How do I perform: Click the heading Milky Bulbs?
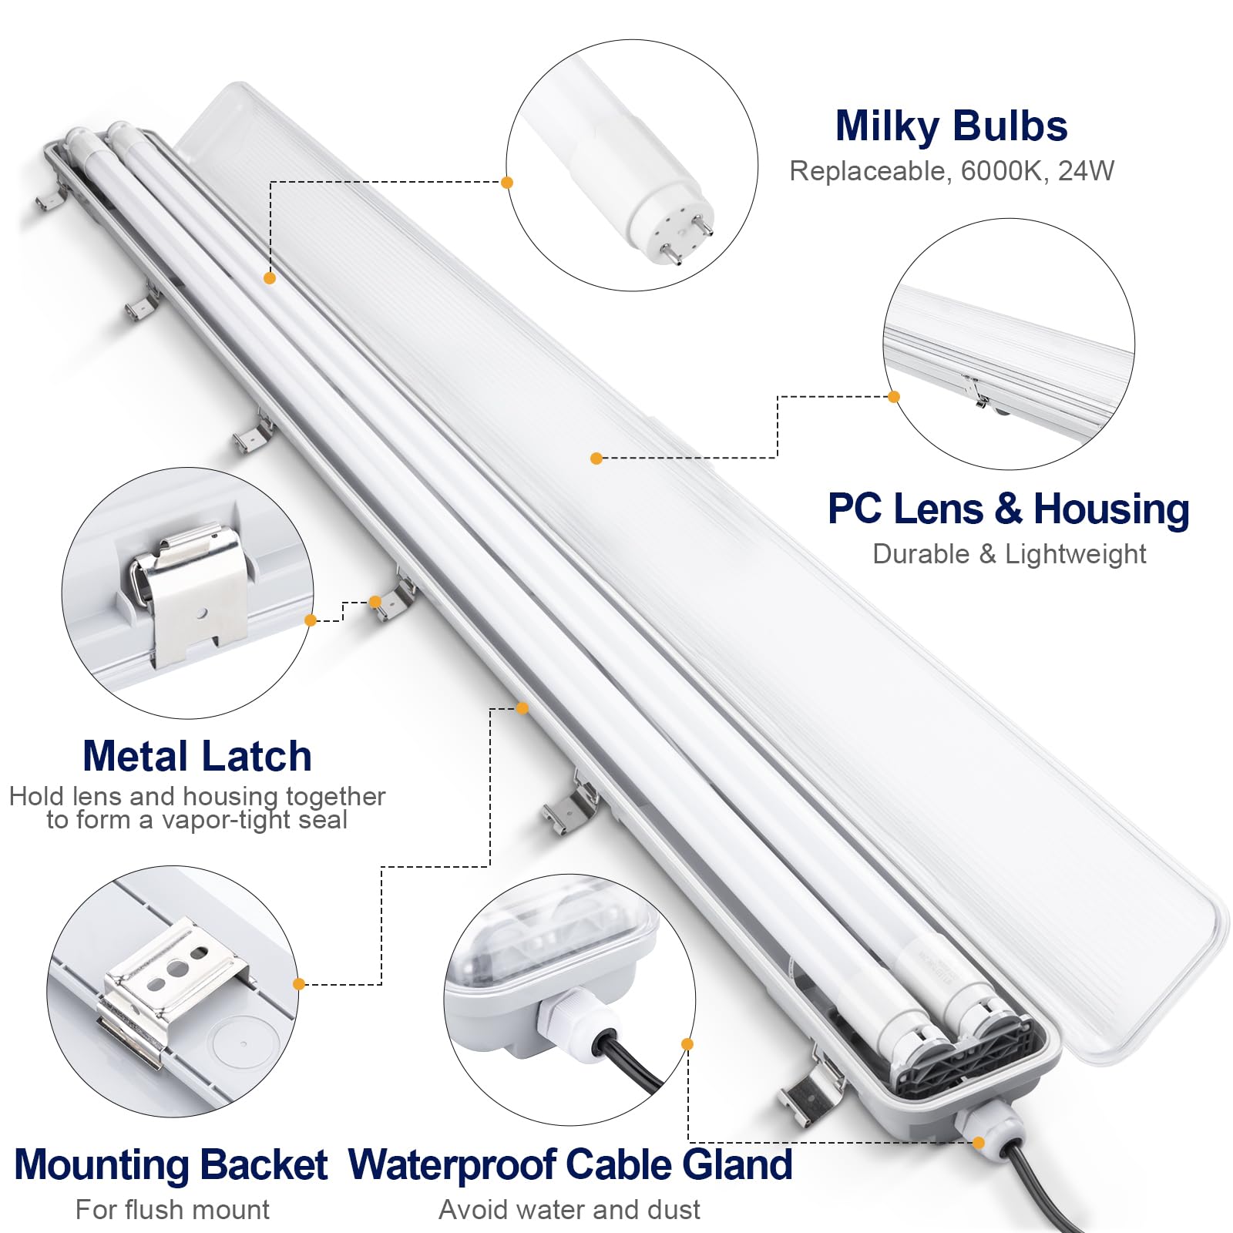[x=951, y=127]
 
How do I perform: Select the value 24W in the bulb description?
[x=1086, y=171]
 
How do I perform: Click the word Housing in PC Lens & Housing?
[x=1111, y=510]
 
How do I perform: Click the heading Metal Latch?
[x=197, y=757]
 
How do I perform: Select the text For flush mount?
[x=173, y=1210]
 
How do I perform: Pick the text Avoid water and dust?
[x=569, y=1210]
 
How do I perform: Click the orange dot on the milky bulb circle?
[x=507, y=183]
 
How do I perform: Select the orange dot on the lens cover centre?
[x=596, y=459]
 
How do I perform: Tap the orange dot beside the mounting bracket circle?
[x=299, y=984]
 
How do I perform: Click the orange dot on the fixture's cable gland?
[x=979, y=1143]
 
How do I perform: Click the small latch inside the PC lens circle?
[x=977, y=393]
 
